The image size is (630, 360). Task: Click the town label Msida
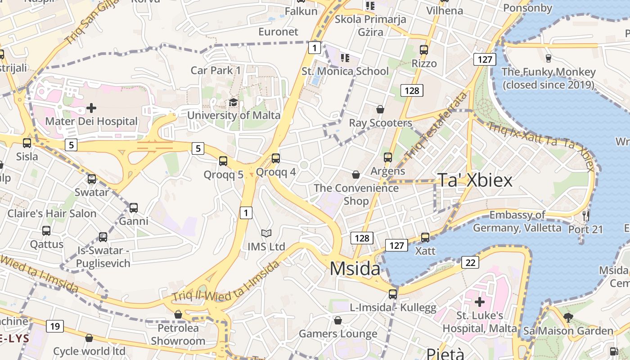[x=355, y=269]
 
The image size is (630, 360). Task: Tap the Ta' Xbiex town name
[x=475, y=180]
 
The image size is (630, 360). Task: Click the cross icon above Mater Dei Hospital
[x=91, y=108]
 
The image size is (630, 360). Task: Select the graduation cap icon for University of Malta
[x=233, y=103]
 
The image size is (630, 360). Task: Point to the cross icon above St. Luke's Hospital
[x=479, y=301]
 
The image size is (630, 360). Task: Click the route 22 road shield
[x=470, y=262]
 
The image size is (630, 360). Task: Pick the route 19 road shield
[x=54, y=326]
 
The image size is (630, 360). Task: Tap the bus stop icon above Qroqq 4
[x=275, y=158]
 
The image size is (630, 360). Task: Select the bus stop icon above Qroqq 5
[x=223, y=161]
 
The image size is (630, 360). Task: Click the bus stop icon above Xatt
[x=425, y=237]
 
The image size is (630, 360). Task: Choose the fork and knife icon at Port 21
[x=585, y=216]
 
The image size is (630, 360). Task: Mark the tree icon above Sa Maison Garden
[x=568, y=317]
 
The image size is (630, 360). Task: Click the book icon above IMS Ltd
[x=266, y=233]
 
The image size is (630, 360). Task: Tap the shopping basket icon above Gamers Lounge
[x=338, y=320]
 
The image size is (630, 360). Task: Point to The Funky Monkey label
[x=548, y=78]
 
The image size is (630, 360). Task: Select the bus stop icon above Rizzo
[x=423, y=49]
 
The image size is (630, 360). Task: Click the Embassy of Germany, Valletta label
[x=517, y=221]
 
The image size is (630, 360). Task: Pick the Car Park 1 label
[x=216, y=70]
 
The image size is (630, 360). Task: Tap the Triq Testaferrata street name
[x=436, y=126]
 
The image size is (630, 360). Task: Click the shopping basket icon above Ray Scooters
[x=380, y=109]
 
